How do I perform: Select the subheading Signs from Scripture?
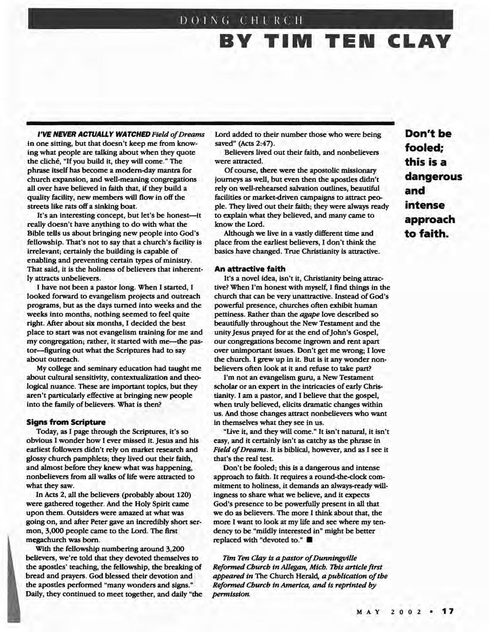coord(66,422)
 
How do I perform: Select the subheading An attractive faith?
coord(250,269)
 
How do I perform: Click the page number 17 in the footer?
coord(448,611)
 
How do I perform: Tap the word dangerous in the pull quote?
coord(433,177)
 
